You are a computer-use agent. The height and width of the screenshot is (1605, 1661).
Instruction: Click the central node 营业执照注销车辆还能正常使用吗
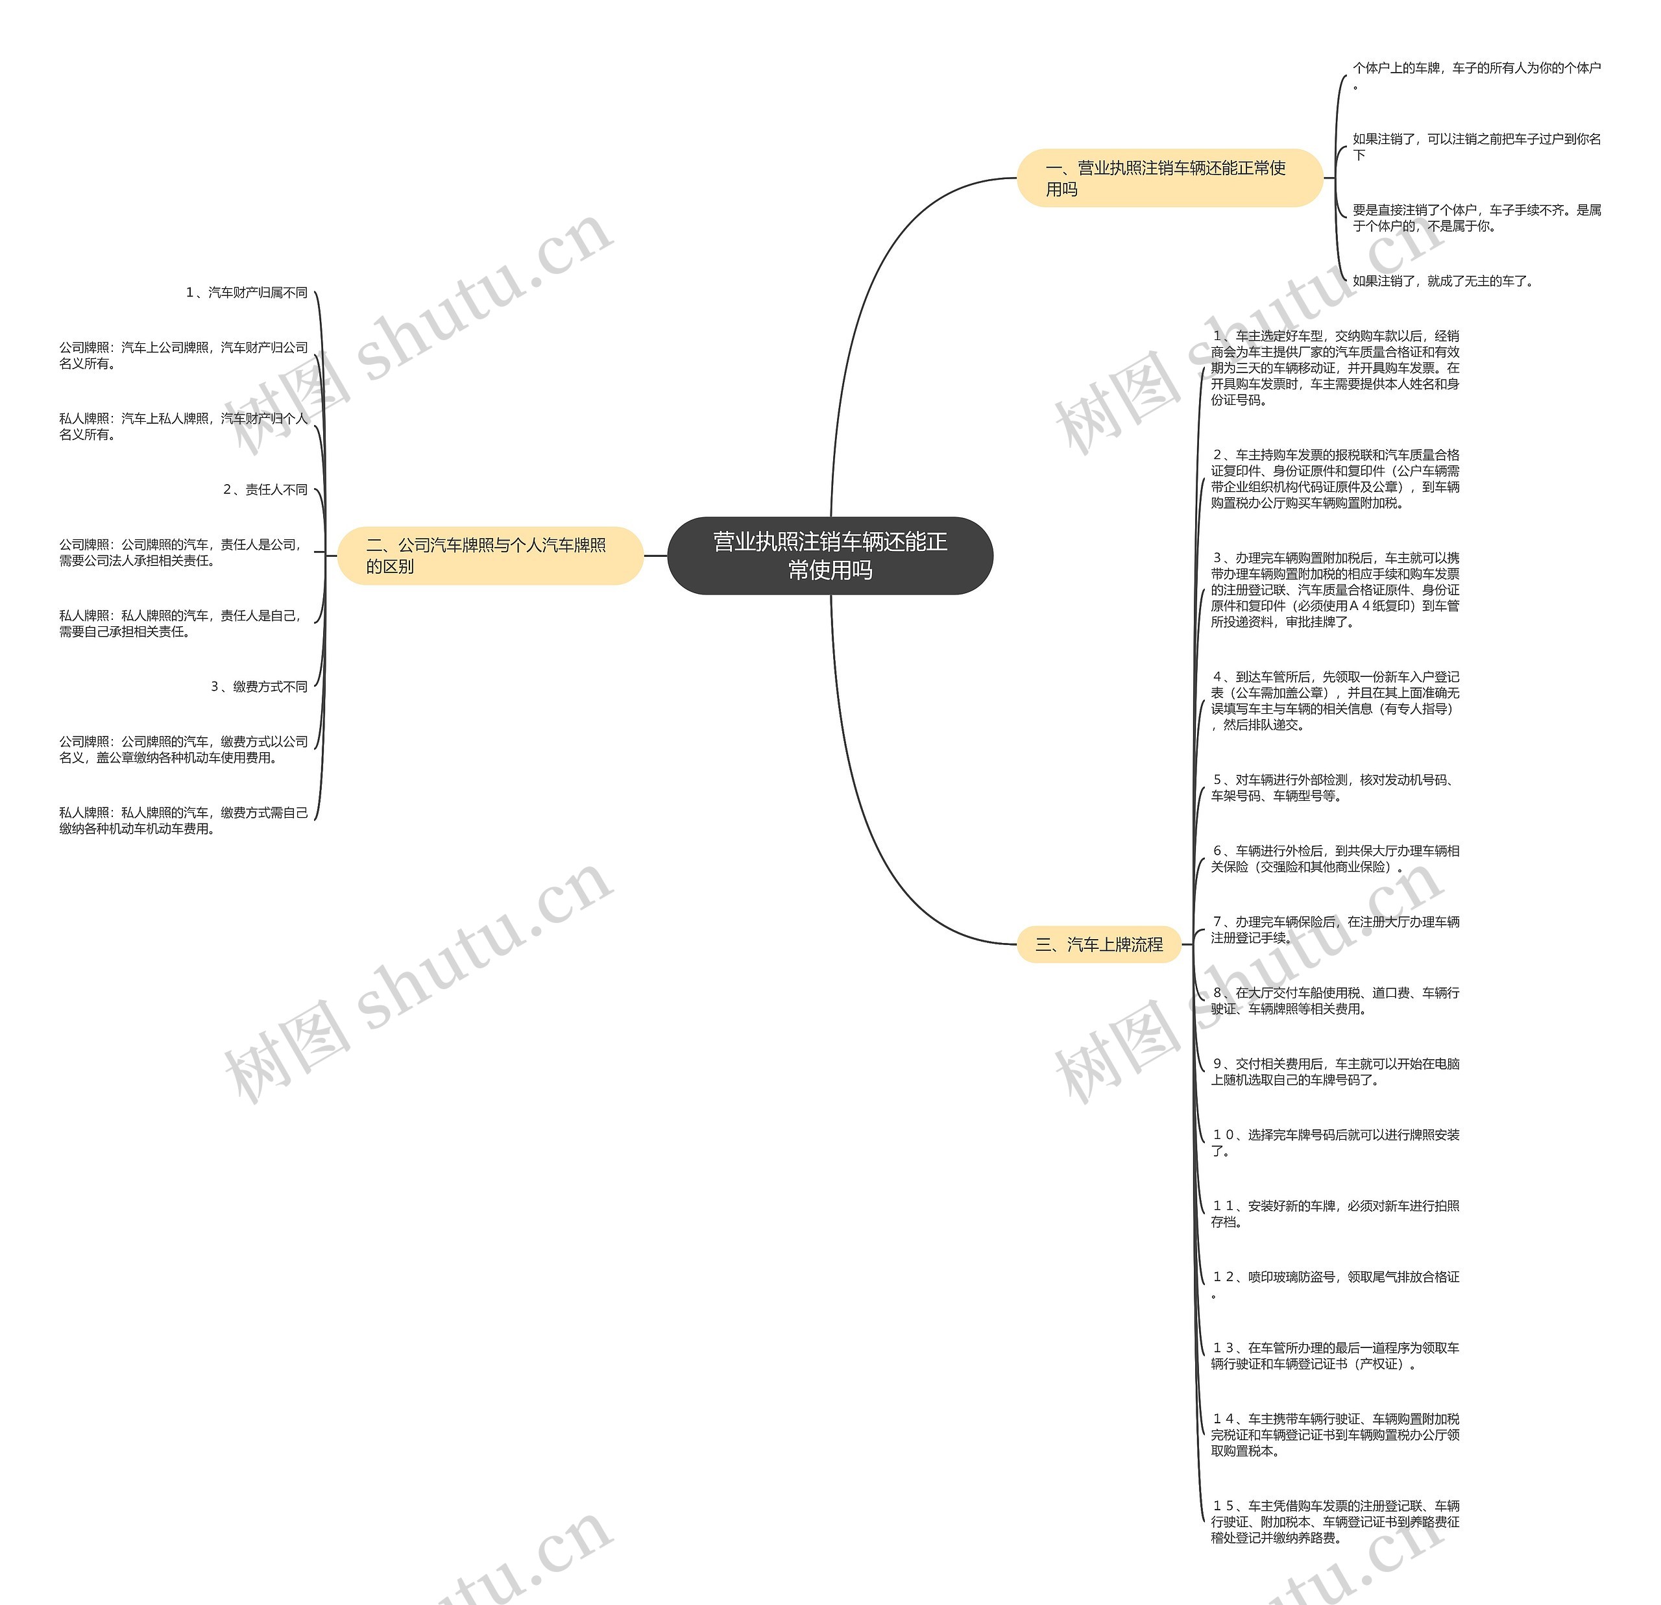pos(830,556)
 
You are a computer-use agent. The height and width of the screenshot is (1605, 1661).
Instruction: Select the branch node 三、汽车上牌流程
pos(1098,944)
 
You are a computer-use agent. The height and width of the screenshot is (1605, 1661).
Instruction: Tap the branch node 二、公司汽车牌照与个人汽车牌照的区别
pos(490,556)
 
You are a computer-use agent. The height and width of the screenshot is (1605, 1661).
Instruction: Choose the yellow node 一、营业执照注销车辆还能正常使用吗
pos(1169,178)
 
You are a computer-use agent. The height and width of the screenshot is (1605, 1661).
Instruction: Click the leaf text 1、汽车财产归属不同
pos(247,293)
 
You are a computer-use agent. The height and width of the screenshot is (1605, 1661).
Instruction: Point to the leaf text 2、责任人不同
pos(265,489)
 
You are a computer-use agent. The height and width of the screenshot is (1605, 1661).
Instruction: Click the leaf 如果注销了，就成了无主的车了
pos(1442,280)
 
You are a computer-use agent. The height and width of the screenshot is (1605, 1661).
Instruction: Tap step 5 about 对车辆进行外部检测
pos(1334,788)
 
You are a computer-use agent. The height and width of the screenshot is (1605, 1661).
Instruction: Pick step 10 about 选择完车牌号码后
pos(1334,1142)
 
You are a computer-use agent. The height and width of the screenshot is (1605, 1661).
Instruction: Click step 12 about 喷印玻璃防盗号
pos(1334,1284)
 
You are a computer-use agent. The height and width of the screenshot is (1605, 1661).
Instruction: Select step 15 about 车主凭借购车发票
pos(1334,1521)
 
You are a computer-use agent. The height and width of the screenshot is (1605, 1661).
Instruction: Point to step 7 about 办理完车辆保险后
pos(1334,929)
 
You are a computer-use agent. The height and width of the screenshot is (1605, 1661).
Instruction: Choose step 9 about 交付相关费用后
pos(1334,1072)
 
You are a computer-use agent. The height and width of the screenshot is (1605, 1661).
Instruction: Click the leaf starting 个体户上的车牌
pos(1476,75)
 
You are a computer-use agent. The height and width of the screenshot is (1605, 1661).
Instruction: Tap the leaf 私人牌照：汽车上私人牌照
pos(183,426)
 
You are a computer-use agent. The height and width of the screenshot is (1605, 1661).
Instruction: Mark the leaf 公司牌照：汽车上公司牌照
pos(183,355)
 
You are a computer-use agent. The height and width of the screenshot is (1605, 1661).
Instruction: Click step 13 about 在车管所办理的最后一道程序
pos(1334,1356)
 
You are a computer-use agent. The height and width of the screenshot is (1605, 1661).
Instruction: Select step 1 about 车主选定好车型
pos(1334,368)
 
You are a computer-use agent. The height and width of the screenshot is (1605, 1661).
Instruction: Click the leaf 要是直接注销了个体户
pos(1476,218)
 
